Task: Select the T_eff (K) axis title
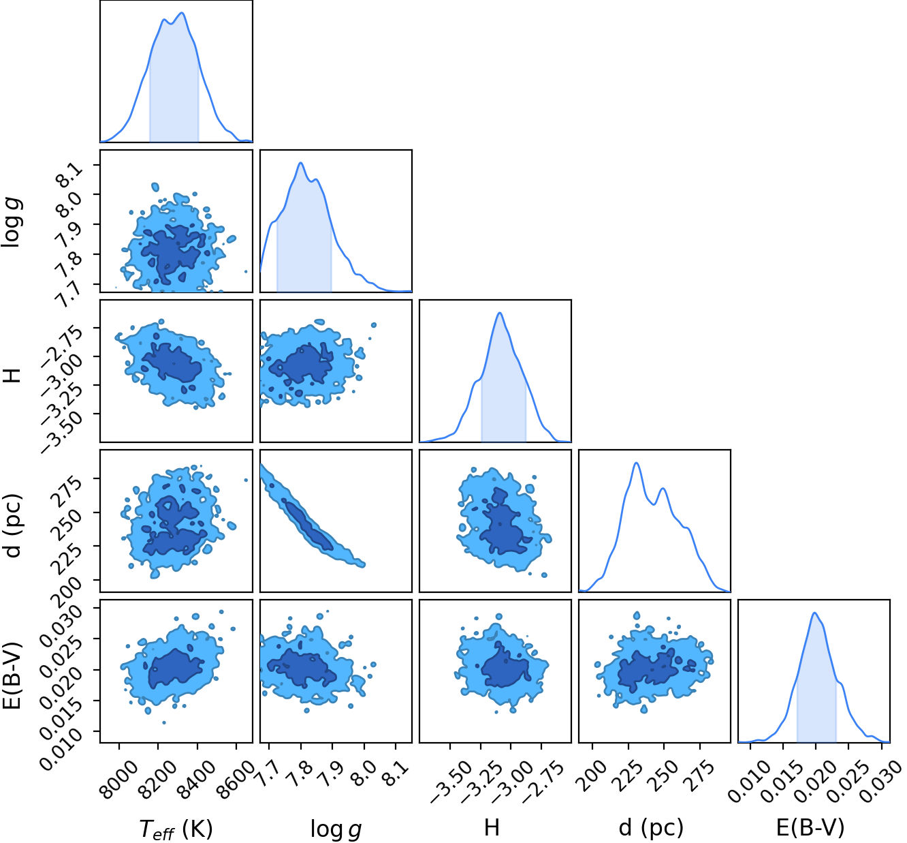pyautogui.click(x=176, y=829)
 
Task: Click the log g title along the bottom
pyautogui.click(x=336, y=829)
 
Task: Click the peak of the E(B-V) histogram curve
pyautogui.click(x=814, y=613)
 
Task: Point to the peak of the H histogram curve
pyautogui.click(x=500, y=313)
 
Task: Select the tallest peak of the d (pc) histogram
pyautogui.click(x=636, y=463)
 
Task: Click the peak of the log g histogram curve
pyautogui.click(x=300, y=163)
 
